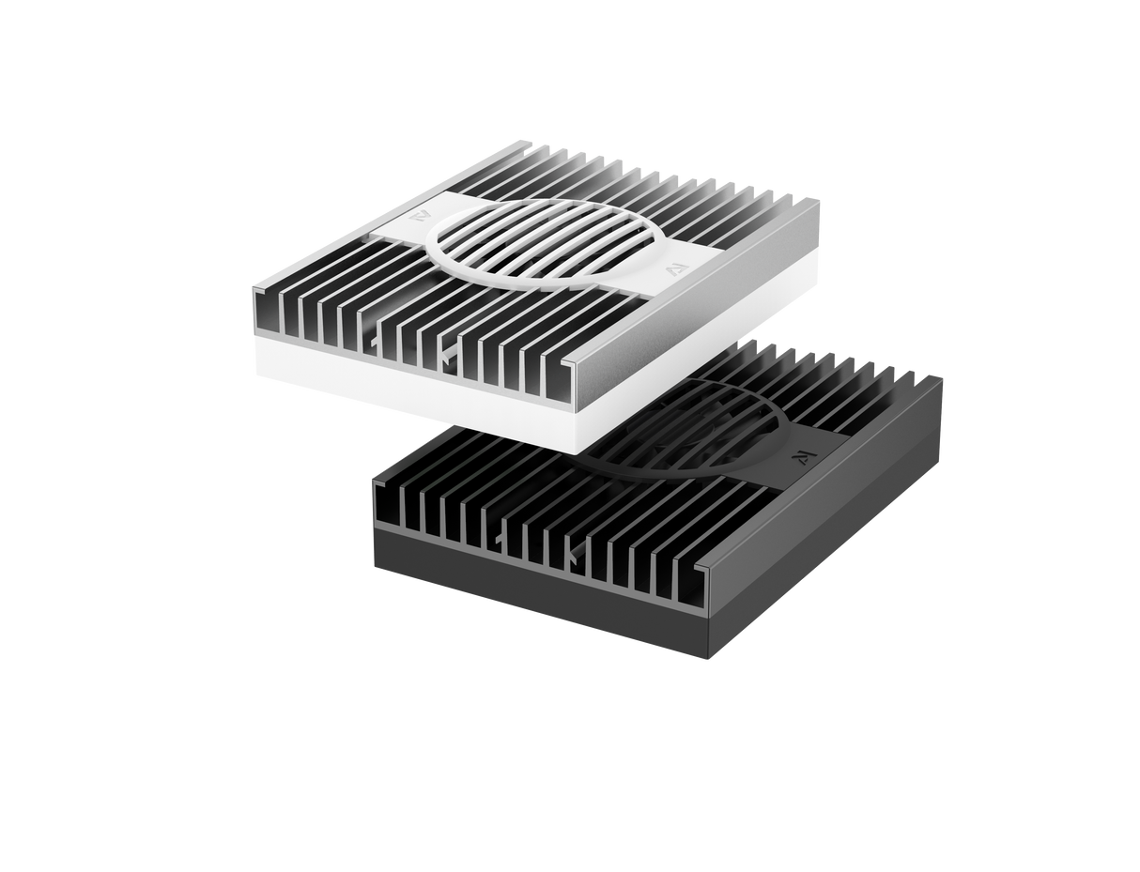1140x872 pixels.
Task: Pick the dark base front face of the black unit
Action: tap(535, 601)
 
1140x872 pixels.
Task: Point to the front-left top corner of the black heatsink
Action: tap(373, 473)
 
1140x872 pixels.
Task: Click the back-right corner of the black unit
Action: tap(943, 378)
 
